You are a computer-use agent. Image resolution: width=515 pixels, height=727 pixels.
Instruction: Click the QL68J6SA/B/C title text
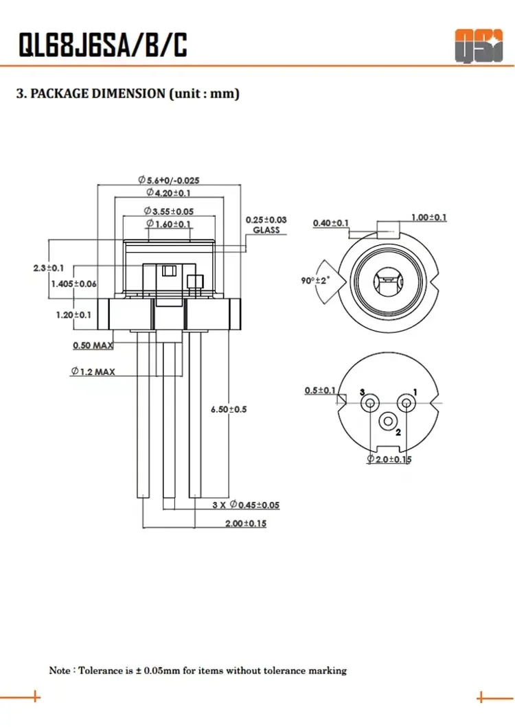[102, 45]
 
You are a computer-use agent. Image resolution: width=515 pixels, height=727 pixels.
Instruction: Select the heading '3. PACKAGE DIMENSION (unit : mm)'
[128, 94]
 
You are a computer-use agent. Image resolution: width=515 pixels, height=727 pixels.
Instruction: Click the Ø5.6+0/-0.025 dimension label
[168, 180]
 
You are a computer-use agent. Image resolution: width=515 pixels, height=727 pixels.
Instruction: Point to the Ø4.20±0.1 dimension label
[168, 194]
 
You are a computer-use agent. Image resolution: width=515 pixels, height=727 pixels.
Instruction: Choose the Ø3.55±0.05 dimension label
[168, 211]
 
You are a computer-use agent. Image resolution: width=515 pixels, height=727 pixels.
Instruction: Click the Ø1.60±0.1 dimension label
[168, 224]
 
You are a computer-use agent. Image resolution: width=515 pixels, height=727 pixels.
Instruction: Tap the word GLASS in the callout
[266, 230]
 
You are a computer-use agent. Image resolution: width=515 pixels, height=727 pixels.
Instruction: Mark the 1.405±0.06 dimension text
[73, 284]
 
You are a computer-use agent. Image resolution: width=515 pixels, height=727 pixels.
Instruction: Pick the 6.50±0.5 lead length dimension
[229, 409]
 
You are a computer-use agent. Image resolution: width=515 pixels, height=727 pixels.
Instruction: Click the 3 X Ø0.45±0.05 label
[245, 505]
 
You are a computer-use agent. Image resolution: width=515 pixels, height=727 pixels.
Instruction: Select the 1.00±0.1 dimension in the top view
[428, 218]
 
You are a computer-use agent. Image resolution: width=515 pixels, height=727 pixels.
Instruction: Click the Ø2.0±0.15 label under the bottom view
[389, 459]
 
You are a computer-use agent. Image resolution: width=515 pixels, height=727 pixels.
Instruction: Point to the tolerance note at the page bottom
[198, 670]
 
